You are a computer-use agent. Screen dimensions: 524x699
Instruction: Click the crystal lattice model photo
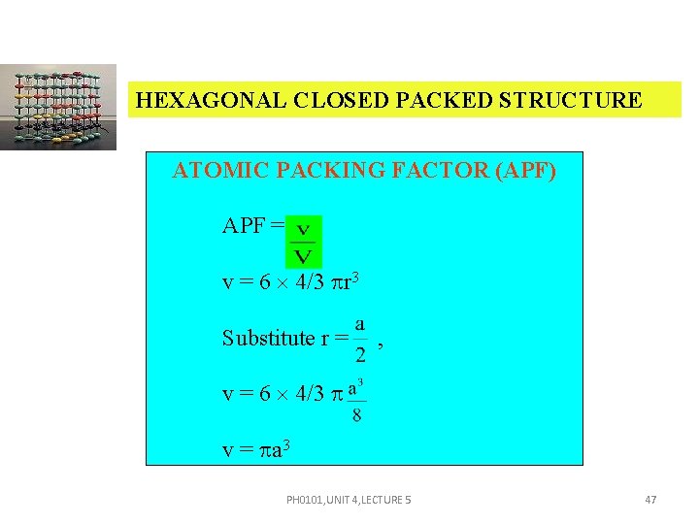click(58, 107)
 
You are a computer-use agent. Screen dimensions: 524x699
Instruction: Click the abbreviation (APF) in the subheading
click(525, 171)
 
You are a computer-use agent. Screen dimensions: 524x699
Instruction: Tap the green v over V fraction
click(303, 242)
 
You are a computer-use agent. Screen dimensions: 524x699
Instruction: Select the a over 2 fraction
click(360, 338)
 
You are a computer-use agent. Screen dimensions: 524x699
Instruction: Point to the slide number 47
click(650, 500)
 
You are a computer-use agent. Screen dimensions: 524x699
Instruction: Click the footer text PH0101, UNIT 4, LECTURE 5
click(349, 500)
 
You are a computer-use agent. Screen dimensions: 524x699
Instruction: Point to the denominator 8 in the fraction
click(356, 415)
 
